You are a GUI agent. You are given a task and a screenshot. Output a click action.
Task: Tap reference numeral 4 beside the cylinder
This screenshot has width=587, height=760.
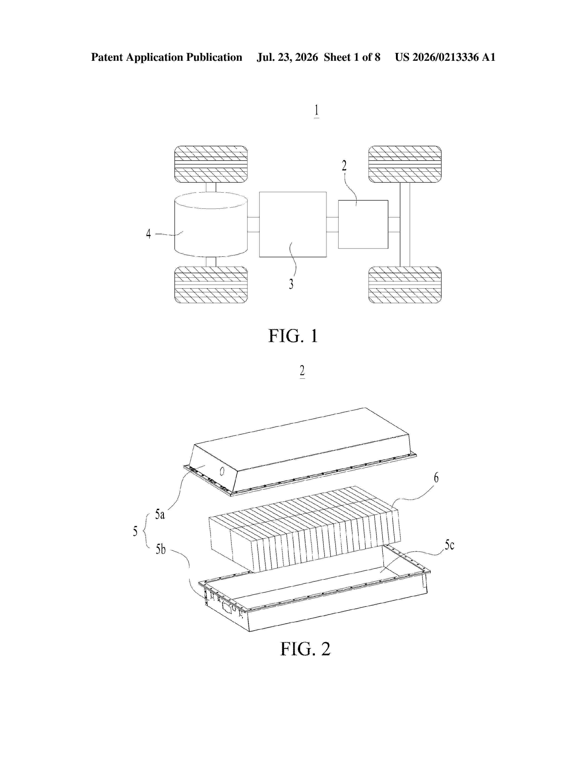pos(148,234)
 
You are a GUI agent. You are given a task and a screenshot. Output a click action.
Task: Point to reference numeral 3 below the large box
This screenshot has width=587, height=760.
pos(291,284)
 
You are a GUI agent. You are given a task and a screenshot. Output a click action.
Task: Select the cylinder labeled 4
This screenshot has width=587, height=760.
pos(211,225)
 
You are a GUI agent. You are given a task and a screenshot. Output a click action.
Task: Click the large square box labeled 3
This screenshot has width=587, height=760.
pos(293,225)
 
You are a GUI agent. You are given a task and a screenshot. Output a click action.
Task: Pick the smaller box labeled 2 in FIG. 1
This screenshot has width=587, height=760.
pos(363,225)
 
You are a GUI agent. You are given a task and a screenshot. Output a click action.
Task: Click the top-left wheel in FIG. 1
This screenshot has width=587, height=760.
pos(211,164)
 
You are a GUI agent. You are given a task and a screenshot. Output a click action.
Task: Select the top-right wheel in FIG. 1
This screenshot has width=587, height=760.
pos(405,164)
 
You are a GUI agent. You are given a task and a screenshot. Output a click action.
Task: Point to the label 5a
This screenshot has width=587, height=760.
pos(160,514)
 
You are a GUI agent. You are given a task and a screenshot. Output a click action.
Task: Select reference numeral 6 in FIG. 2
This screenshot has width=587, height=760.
pos(436,478)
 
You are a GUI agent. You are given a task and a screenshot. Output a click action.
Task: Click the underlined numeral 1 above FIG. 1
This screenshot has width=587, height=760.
pos(317,111)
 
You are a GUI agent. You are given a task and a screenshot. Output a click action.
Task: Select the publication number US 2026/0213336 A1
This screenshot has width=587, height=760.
pos(445,57)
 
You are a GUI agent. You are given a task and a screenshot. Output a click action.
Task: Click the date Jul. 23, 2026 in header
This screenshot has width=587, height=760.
pos(287,57)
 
